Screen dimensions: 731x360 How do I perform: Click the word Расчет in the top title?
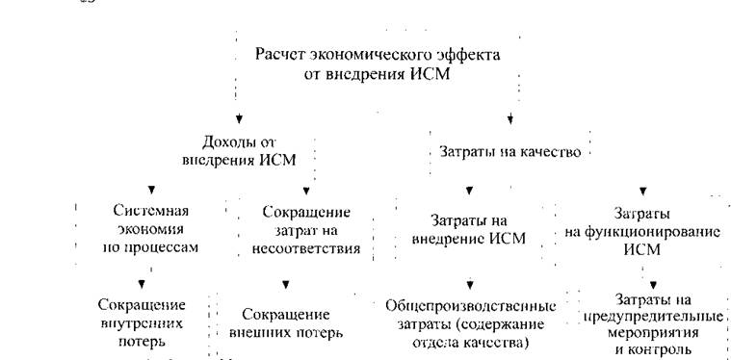[277, 55]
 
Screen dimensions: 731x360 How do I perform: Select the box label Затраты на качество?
[510, 152]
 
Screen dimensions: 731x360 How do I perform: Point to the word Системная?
[150, 211]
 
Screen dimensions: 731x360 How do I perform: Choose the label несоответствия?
[306, 248]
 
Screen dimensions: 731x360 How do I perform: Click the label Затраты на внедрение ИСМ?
[469, 229]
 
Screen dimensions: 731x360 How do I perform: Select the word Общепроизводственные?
[471, 306]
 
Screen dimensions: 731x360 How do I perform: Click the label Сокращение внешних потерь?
[287, 323]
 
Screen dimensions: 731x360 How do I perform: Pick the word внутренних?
[142, 323]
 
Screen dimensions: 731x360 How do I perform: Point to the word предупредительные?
[653, 317]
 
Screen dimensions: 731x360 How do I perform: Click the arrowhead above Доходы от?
[239, 119]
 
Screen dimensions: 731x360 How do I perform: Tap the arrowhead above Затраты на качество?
[510, 119]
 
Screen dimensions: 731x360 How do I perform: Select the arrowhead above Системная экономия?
[151, 190]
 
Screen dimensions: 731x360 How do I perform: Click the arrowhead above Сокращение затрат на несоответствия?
[306, 191]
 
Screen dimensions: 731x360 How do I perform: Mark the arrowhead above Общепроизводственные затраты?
[470, 284]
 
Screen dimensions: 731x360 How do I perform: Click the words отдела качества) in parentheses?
[470, 343]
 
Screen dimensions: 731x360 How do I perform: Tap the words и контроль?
[653, 349]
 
